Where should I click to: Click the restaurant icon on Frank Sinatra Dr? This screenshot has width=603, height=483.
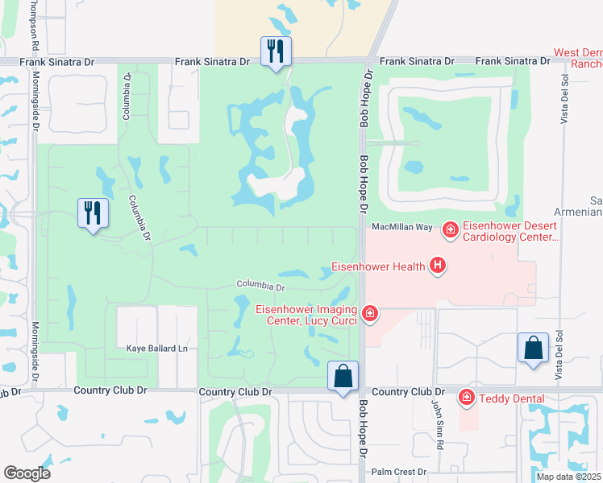click(x=276, y=52)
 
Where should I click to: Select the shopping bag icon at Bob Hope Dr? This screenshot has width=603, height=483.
click(x=343, y=377)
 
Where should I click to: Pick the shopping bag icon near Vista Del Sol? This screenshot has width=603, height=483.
click(x=533, y=348)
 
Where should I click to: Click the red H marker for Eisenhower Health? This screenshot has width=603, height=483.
click(x=438, y=265)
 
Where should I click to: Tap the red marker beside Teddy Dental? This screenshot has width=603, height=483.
click(x=466, y=397)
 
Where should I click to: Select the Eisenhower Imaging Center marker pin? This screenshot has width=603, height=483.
click(x=369, y=313)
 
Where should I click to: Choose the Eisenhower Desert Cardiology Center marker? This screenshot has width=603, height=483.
click(x=451, y=232)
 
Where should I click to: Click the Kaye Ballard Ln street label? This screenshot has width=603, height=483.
click(x=156, y=349)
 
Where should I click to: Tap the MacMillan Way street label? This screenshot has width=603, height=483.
click(x=403, y=228)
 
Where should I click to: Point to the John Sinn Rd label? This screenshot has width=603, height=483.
click(x=440, y=424)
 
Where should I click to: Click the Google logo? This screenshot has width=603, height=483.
click(x=27, y=473)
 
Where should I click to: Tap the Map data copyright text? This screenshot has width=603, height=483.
click(x=568, y=477)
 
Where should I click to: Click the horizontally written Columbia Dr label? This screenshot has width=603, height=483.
click(x=260, y=286)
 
